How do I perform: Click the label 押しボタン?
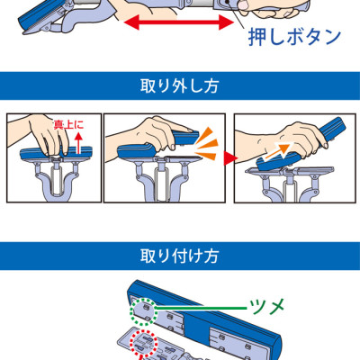tap(295, 37)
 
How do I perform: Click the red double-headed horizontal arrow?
tap(179, 22)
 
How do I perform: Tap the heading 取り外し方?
tap(179, 86)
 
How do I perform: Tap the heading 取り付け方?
tap(179, 256)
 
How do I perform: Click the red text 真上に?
tap(68, 124)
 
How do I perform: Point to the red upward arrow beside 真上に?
tap(78, 143)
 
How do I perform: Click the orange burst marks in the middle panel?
tap(205, 143)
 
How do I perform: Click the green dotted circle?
tap(143, 311)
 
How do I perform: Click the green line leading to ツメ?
tap(202, 308)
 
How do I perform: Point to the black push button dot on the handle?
tap(228, 2)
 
